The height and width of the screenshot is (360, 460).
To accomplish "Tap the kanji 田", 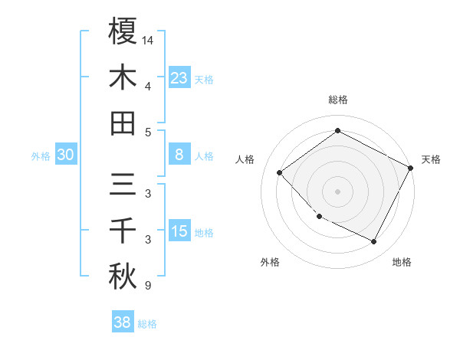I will [123, 123].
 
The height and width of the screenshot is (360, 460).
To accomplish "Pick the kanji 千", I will [123, 231].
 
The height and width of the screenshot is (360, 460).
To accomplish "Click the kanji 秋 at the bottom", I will [123, 277].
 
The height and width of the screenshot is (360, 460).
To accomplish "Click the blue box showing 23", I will [179, 78].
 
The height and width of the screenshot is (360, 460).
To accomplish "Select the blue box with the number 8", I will [179, 155].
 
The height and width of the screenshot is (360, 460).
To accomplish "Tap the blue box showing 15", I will [179, 231].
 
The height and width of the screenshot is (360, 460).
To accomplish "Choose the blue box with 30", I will [65, 155].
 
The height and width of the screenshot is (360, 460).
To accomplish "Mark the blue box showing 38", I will [122, 322].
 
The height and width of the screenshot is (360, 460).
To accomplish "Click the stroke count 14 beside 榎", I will [148, 39].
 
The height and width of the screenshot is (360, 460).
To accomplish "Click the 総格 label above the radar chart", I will [337, 100].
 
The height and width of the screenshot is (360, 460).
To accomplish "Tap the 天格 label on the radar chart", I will [431, 159].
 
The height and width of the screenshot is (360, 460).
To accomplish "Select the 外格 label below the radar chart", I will [270, 262].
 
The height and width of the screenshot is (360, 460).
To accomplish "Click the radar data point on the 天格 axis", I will [411, 168].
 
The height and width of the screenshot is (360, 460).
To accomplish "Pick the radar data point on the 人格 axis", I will [280, 173].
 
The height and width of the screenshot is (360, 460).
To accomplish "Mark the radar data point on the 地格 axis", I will [373, 241].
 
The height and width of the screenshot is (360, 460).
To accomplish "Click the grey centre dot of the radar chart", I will [337, 191].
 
